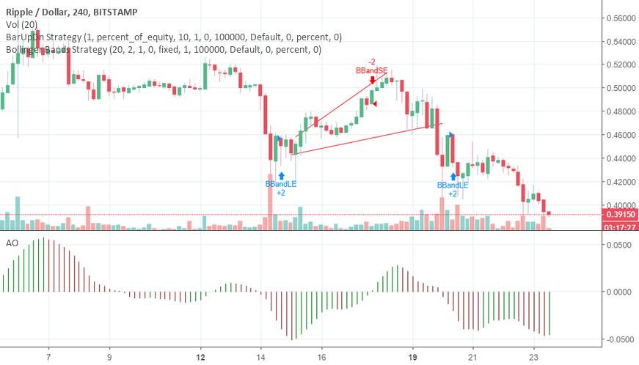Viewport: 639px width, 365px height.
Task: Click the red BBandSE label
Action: [371, 70]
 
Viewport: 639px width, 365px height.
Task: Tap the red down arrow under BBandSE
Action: [373, 80]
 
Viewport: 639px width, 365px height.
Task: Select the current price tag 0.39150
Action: [620, 215]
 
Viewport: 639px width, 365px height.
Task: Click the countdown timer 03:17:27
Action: [620, 226]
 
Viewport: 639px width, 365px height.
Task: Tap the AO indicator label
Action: [11, 242]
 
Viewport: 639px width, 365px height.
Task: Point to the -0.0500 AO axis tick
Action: [618, 339]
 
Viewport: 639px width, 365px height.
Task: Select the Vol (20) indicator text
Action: [23, 23]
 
